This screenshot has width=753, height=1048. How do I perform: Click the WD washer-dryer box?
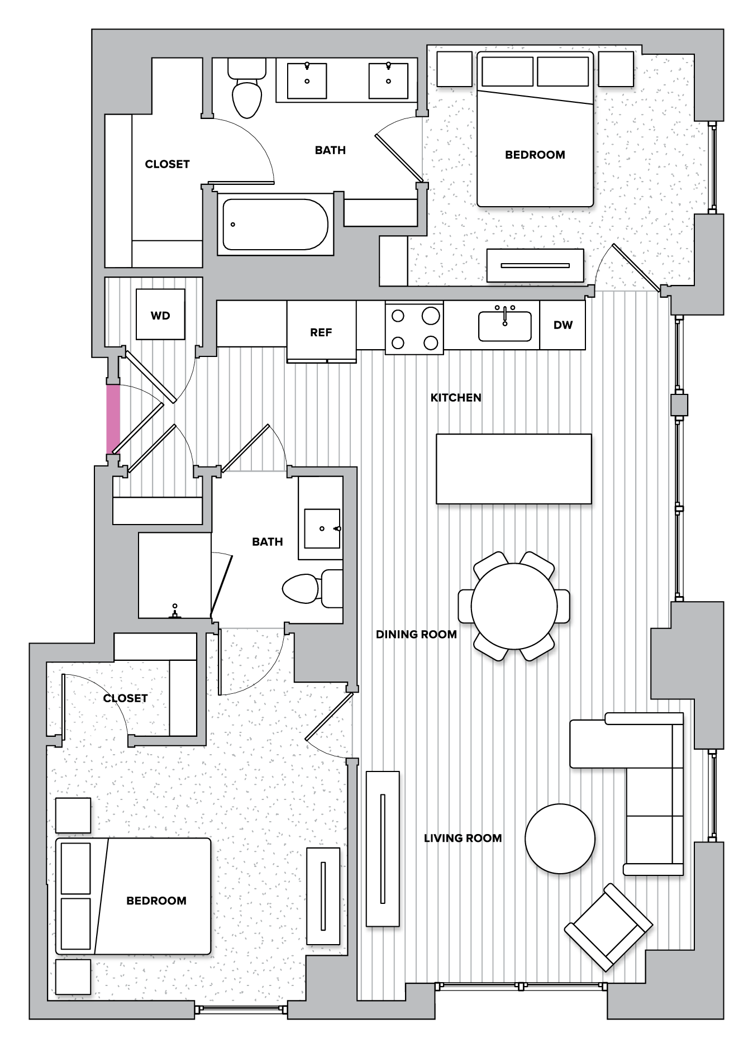[160, 315]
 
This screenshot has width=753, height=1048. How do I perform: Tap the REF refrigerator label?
[321, 332]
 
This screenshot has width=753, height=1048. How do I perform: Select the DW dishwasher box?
[563, 325]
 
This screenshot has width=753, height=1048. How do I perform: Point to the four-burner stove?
[414, 328]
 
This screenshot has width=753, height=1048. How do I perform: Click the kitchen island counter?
[513, 469]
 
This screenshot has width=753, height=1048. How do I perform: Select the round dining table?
[514, 606]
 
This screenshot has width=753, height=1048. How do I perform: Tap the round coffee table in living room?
[560, 839]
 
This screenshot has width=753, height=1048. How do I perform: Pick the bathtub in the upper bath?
[275, 225]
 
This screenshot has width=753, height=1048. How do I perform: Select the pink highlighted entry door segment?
[113, 419]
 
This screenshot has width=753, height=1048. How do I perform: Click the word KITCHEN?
[455, 398]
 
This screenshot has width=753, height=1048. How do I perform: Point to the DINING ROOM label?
[416, 635]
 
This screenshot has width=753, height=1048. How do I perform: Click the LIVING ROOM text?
[463, 838]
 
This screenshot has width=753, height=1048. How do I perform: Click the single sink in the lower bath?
[322, 528]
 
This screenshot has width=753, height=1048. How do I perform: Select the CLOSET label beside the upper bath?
[167, 164]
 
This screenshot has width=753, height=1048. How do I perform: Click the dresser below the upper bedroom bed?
[535, 265]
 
